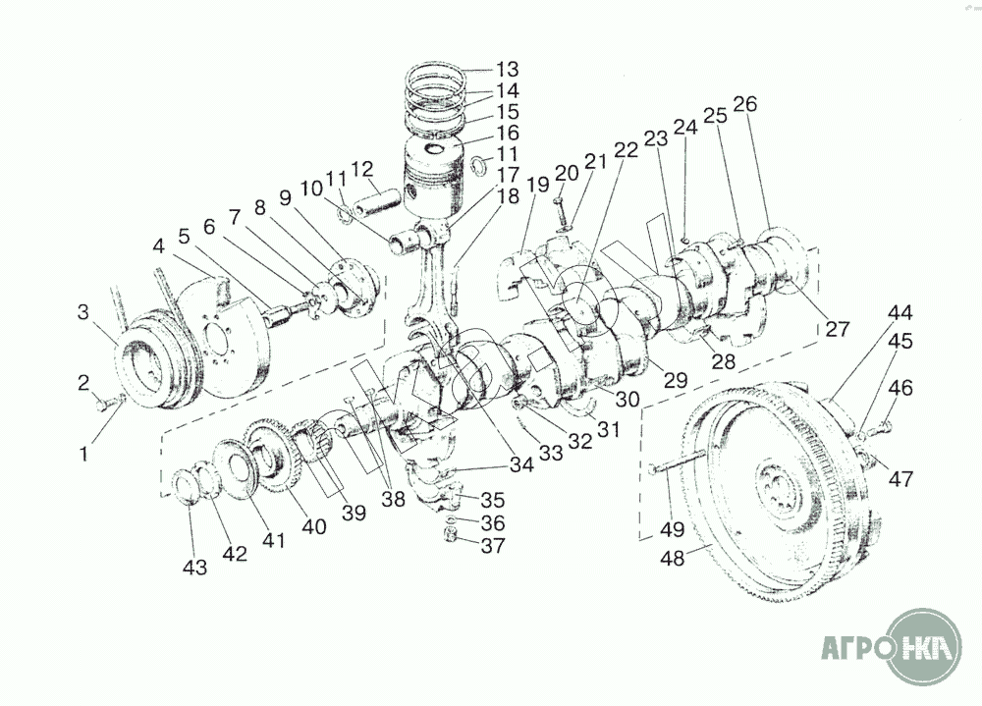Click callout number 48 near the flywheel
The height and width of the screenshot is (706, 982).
(673, 558)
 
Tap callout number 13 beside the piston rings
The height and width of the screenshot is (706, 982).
(508, 69)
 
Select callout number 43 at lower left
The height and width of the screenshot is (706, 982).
(194, 568)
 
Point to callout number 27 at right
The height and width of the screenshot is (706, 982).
(838, 328)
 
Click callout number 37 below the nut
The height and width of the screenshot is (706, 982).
(493, 546)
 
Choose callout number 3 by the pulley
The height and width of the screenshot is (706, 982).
(83, 311)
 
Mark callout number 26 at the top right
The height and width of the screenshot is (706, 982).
(745, 104)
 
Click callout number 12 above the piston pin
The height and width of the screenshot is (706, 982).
(362, 169)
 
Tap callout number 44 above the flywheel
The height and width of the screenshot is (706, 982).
(900, 312)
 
